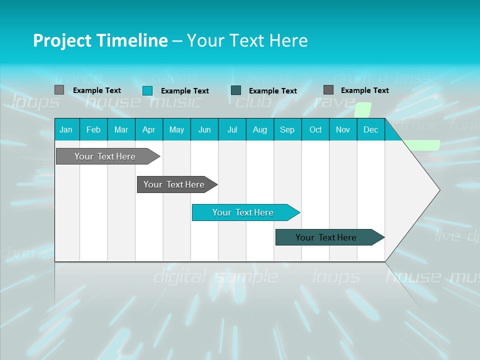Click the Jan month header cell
tap(66, 129)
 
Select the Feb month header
tap(93, 129)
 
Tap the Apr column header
tap(148, 129)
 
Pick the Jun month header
tap(204, 129)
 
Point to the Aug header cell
tap(259, 129)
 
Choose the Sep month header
tap(287, 129)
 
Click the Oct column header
tap(315, 129)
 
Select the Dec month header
tap(370, 129)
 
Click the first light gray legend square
tap(59, 90)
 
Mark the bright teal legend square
tap(147, 90)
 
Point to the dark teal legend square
tap(236, 90)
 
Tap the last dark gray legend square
tap(328, 90)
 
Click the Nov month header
tap(343, 129)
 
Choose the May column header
tap(176, 129)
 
